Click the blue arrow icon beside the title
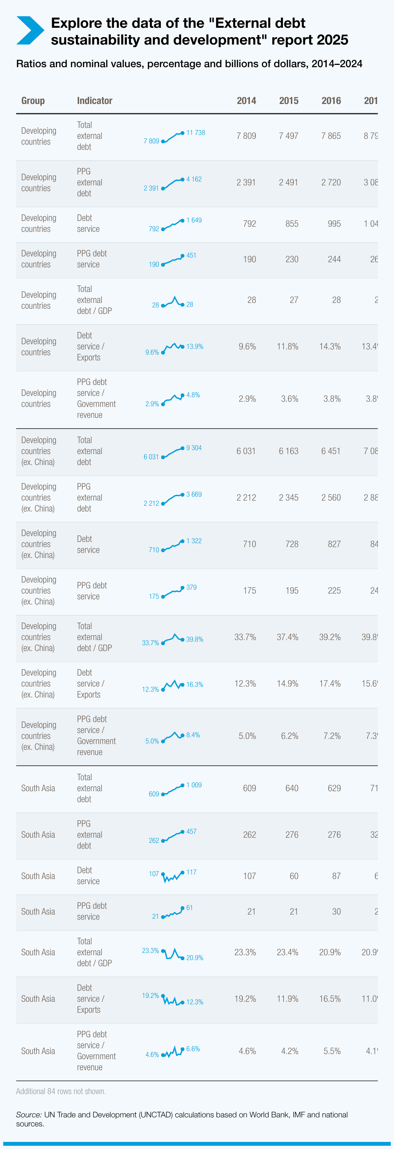point(30,30)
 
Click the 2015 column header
point(289,101)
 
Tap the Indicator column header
point(95,101)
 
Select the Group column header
point(33,101)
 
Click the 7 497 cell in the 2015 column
point(288,136)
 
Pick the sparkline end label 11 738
point(195,132)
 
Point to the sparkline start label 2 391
point(151,188)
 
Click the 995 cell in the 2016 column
point(334,224)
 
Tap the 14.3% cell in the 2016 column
point(330,347)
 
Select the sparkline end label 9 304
point(194,448)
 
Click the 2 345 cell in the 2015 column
point(288,498)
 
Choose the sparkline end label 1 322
point(194,541)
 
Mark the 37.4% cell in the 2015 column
point(287,637)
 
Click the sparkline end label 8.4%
point(193,735)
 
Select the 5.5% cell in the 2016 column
point(332,1051)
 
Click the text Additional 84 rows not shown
point(61,1091)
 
